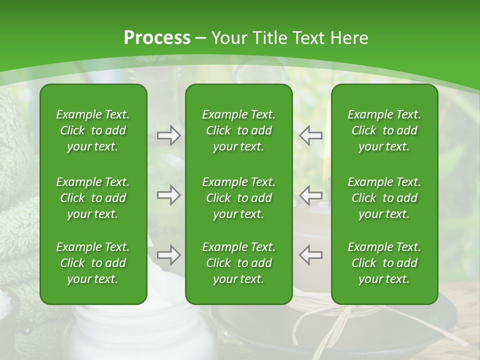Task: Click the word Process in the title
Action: [157, 37]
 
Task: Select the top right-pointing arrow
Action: [168, 135]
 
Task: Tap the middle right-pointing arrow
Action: [168, 195]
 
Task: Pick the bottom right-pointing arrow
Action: [168, 255]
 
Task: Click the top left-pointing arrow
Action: [311, 135]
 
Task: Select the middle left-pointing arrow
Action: [311, 195]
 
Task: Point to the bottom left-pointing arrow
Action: [311, 255]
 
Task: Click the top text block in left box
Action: [93, 130]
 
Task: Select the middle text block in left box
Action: [93, 198]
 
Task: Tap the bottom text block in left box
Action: [93, 263]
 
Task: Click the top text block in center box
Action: [238, 130]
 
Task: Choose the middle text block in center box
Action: [238, 198]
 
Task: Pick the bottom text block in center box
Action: [238, 263]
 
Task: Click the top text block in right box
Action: [384, 130]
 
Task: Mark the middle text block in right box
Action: [384, 198]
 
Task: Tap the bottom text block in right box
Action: [384, 263]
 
